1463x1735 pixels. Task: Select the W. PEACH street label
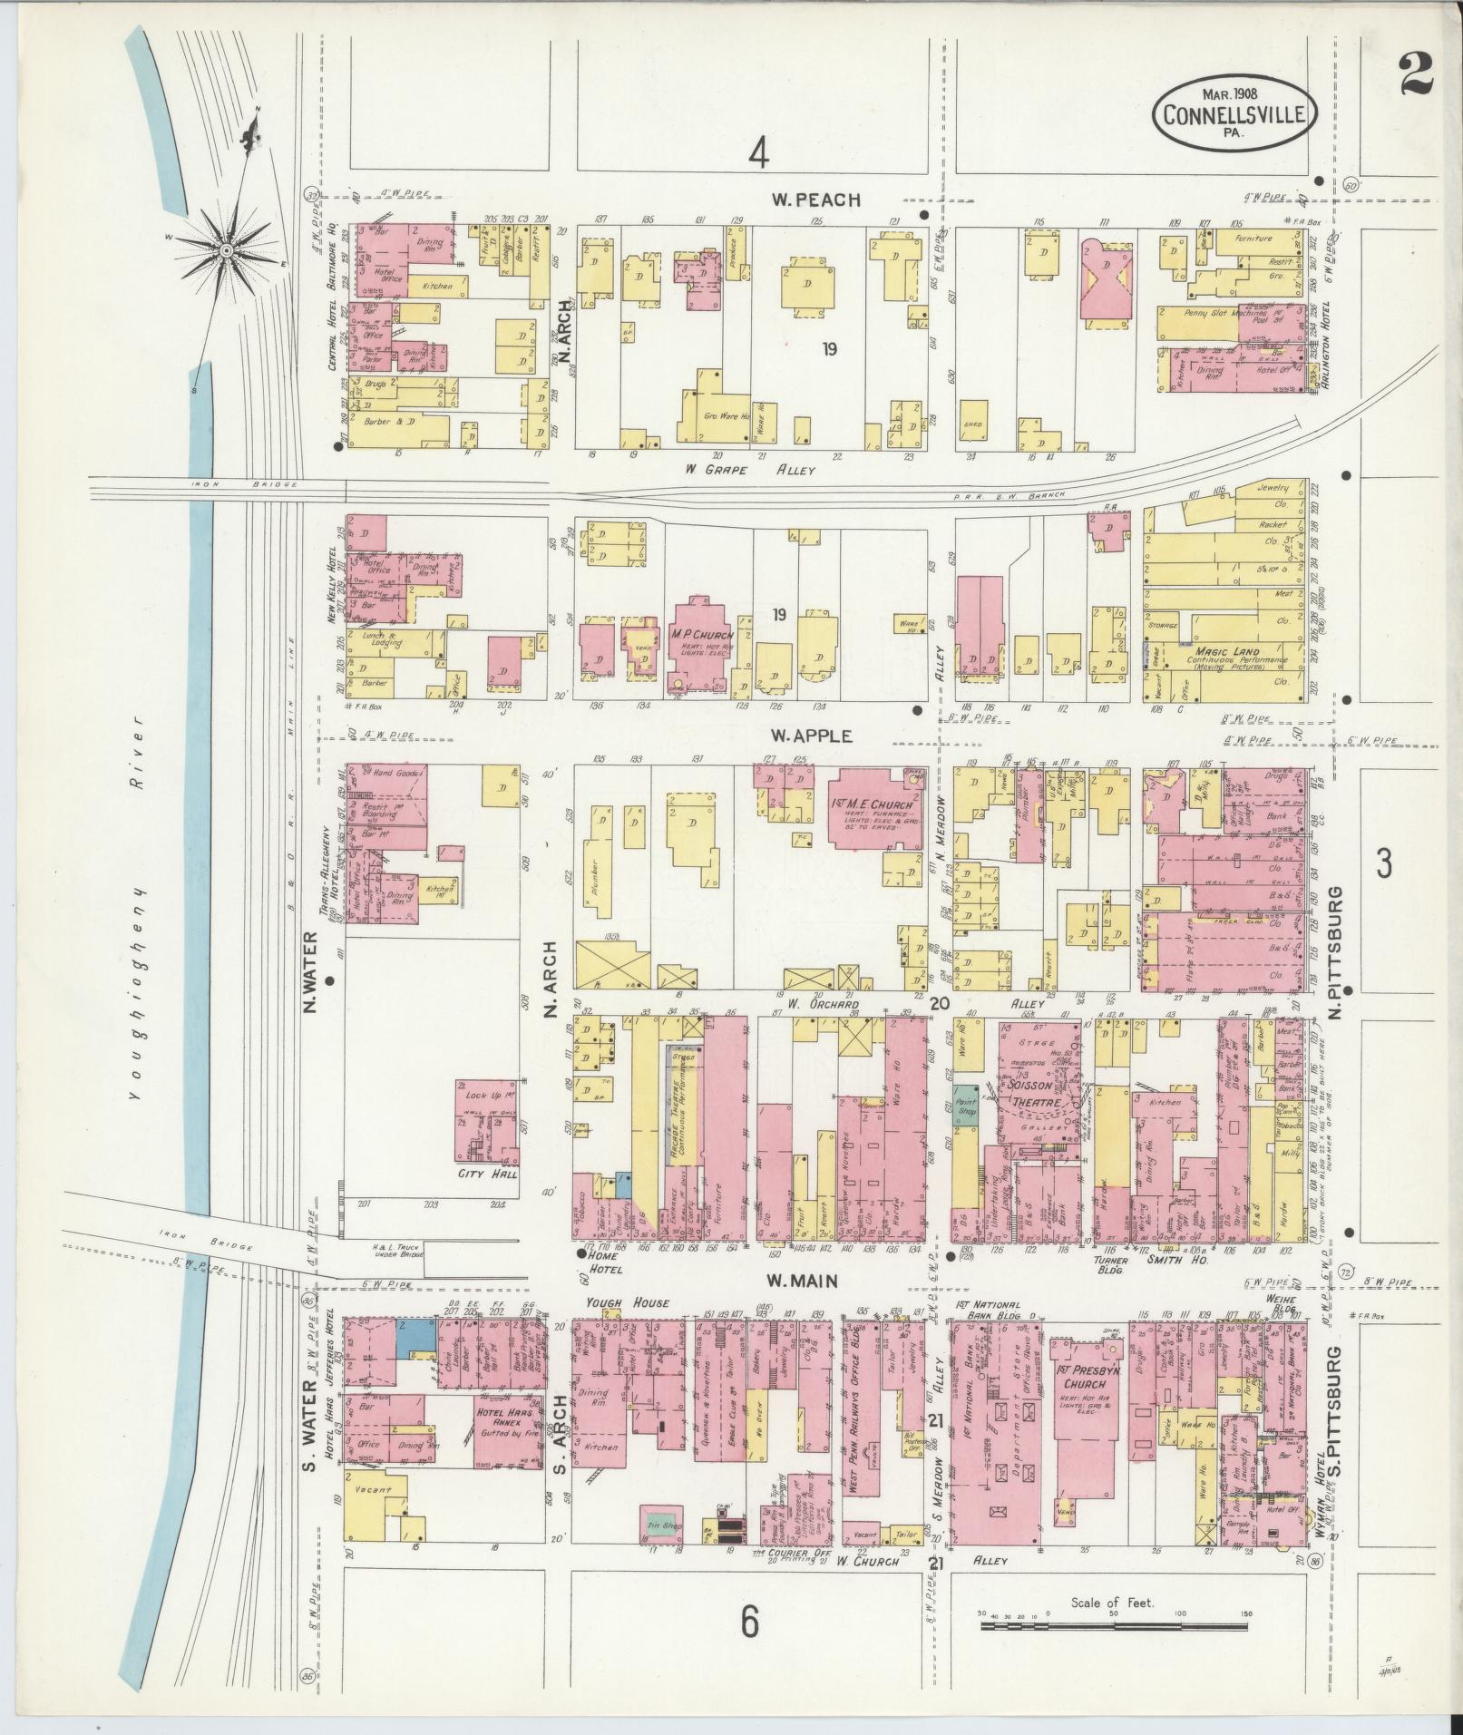point(815,200)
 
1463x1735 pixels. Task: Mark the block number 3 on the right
point(1383,864)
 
